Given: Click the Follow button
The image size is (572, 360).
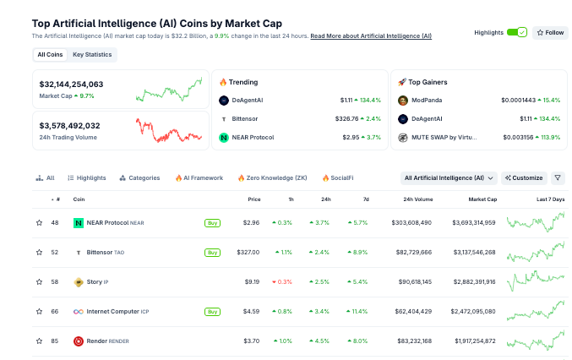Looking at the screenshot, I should tap(550, 32).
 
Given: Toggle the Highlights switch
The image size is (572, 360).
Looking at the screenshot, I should tap(516, 32).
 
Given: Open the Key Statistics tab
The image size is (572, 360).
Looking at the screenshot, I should tap(92, 55).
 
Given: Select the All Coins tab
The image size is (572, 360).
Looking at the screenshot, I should tap(50, 55).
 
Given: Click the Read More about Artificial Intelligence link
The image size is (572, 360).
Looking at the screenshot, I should tap(371, 36).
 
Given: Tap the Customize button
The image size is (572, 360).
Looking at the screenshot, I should tap(524, 178).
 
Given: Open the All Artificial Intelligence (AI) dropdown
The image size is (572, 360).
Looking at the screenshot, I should tap(449, 178).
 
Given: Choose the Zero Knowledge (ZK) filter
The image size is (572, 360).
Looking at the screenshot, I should tap(272, 178).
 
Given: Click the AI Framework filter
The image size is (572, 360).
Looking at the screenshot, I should tap(199, 178).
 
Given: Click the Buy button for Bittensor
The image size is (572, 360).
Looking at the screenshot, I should tap(212, 252).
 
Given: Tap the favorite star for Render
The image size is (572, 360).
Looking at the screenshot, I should tap(39, 341).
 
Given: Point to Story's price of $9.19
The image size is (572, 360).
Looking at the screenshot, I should tap(252, 281).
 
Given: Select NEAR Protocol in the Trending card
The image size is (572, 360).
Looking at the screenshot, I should tap(253, 137).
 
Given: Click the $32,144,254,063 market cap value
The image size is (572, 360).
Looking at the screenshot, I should tap(72, 85).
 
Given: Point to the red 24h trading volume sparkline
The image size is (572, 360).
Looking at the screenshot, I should tap(169, 131).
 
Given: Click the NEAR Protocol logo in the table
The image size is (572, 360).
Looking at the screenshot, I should tap(79, 223).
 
